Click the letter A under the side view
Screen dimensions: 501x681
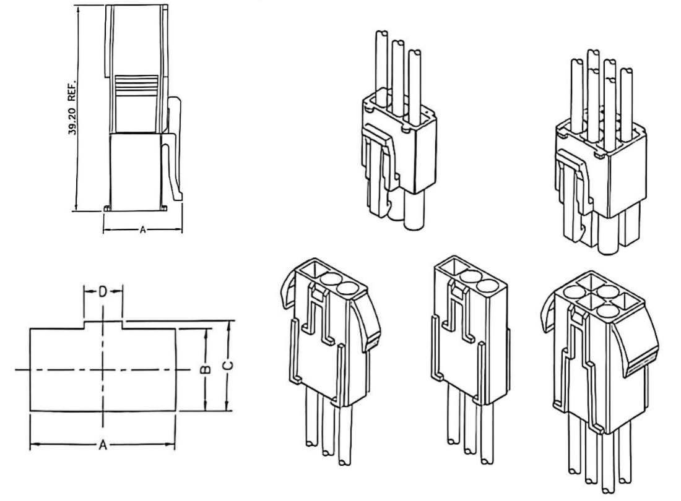(x=142, y=229)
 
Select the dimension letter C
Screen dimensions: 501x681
(x=228, y=366)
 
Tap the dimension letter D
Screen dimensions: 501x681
(x=103, y=291)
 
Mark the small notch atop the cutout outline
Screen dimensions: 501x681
(x=103, y=323)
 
